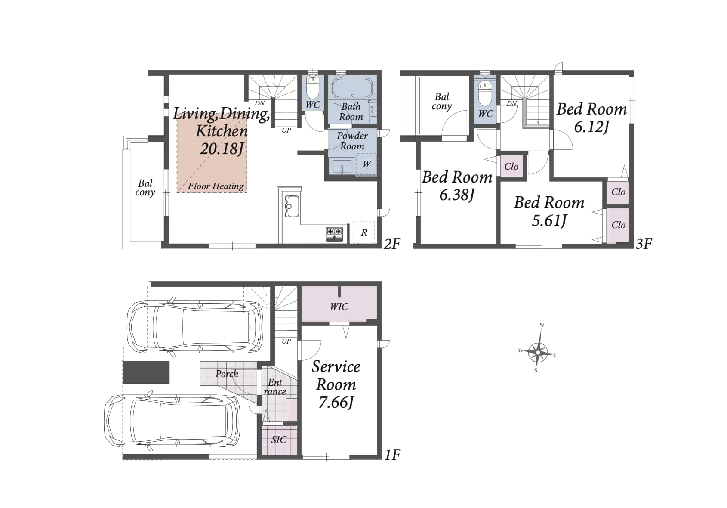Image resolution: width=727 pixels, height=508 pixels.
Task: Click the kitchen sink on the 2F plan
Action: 292,206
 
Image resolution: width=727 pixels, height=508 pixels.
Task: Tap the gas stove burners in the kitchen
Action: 334,234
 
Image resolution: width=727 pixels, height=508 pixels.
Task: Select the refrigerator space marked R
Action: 364,232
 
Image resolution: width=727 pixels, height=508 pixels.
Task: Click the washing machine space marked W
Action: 367,164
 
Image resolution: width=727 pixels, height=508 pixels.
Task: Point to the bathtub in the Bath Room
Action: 352,88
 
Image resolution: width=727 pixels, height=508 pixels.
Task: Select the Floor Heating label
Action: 216,186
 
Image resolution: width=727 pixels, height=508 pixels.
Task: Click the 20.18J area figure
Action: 222,149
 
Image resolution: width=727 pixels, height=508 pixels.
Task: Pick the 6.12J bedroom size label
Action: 591,127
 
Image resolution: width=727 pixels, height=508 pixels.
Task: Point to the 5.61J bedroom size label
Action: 549,221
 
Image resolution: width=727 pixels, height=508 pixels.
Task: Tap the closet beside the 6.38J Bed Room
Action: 511,167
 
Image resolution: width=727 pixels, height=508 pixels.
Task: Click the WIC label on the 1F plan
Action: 339,307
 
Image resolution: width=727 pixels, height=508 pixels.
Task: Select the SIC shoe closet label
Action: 279,440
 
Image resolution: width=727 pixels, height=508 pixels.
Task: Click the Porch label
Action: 227,374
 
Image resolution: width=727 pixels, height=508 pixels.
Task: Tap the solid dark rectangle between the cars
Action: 146,372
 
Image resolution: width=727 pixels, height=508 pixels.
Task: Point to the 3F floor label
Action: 644,244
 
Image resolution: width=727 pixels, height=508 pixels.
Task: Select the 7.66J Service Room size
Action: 336,403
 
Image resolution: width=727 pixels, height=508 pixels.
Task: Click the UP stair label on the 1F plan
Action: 286,341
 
